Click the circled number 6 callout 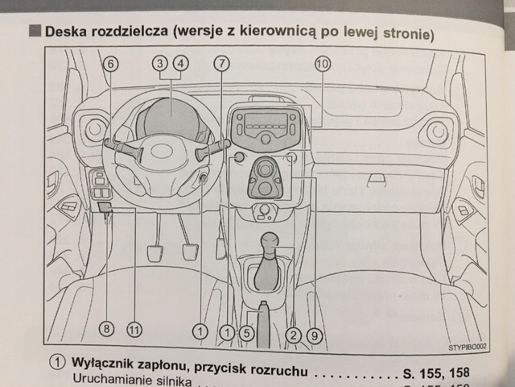(111, 64)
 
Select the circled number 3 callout (163, 64)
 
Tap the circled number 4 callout (181, 64)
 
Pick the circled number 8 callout (107, 328)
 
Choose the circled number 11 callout (134, 328)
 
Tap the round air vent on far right (439, 131)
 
